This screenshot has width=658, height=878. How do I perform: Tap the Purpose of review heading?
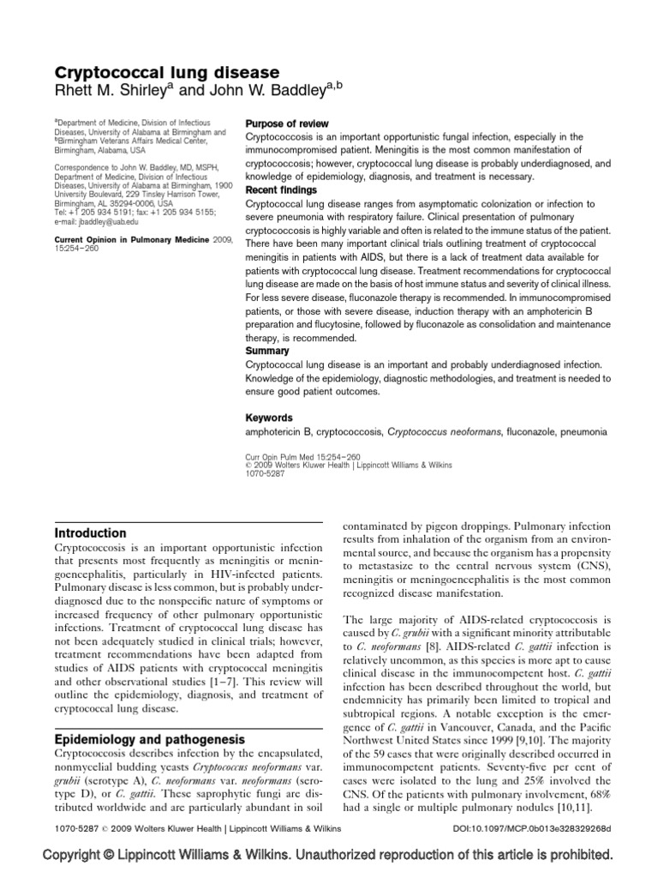click(287, 124)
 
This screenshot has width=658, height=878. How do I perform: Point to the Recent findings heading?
click(281, 190)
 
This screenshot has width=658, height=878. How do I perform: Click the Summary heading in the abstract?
click(267, 352)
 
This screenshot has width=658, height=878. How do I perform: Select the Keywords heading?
click(271, 418)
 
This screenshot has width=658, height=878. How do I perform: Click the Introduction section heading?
click(91, 533)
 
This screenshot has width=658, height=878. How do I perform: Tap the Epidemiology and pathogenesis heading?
click(150, 740)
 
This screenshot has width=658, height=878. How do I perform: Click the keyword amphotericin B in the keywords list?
click(278, 433)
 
